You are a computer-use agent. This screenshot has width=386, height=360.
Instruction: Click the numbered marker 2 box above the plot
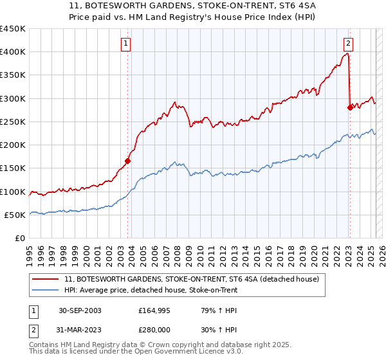(x=348, y=44)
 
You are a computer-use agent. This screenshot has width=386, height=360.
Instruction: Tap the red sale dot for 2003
(x=128, y=161)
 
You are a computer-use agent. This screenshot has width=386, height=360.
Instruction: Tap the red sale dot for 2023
(x=350, y=107)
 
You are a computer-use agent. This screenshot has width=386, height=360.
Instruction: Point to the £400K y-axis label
(x=13, y=52)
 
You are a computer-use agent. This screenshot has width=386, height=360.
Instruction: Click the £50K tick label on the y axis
(x=15, y=215)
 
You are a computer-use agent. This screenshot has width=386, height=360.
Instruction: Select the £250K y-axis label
(x=13, y=122)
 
